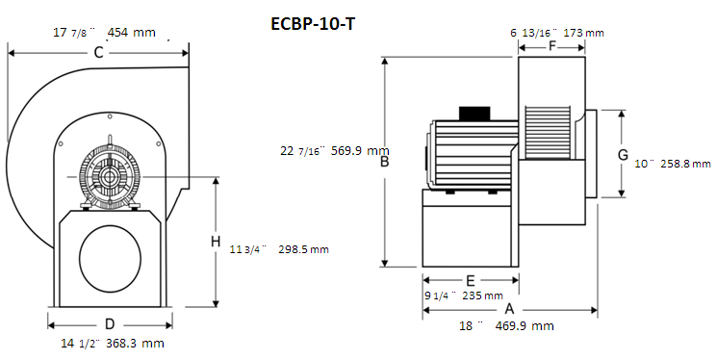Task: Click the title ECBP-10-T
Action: point(313,23)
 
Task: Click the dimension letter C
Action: point(98,53)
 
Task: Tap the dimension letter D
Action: point(110,324)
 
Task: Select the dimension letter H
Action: point(216,241)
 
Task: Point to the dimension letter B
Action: point(385,161)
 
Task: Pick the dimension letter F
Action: point(552,46)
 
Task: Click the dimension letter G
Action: point(623,155)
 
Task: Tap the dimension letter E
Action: point(470,280)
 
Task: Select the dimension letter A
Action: point(509,310)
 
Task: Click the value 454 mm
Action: point(132,33)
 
